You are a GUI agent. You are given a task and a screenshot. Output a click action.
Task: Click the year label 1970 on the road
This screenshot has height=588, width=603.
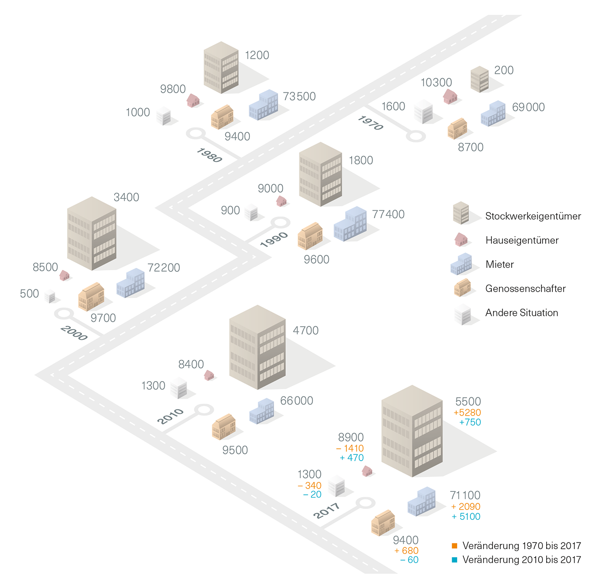[x=371, y=123]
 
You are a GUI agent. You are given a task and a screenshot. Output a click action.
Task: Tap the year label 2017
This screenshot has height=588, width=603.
[x=327, y=510]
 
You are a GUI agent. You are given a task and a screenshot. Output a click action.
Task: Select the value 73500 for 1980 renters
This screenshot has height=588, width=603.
[x=299, y=97]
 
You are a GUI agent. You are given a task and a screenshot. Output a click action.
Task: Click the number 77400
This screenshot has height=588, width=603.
[x=388, y=214]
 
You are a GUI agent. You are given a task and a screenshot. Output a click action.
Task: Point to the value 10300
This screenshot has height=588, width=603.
[x=436, y=83]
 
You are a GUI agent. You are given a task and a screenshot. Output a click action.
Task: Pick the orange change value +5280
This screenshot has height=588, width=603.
[x=467, y=413]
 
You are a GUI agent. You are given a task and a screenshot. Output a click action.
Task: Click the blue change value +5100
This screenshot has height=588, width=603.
[x=466, y=517]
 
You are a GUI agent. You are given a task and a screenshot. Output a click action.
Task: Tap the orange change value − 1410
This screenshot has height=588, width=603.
[x=350, y=448]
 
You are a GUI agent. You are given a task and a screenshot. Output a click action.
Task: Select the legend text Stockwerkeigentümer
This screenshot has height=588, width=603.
[x=533, y=216]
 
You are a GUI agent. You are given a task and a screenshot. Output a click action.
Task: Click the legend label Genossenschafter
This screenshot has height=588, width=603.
[x=525, y=289]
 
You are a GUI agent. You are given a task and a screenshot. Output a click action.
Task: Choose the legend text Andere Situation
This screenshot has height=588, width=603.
[x=522, y=313]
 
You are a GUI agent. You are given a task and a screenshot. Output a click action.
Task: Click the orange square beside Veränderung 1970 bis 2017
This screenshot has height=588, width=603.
[x=454, y=546]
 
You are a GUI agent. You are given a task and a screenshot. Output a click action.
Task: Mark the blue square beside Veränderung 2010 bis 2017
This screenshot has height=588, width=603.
[x=454, y=560]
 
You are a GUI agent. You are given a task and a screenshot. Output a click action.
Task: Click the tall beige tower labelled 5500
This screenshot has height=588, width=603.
[x=412, y=431]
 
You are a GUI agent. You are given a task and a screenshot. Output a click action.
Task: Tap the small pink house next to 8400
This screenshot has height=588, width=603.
[x=209, y=375]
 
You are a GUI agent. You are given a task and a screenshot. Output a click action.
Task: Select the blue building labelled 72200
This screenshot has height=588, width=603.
[x=131, y=283]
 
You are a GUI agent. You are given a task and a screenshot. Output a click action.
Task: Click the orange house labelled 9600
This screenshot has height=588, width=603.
[x=310, y=236]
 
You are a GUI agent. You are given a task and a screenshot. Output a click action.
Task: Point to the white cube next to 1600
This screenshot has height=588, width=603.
[x=423, y=112]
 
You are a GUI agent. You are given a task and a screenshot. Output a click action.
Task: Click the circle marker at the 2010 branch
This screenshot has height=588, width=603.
[x=204, y=410]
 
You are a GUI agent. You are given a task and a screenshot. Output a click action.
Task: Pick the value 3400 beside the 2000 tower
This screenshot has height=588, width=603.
[x=126, y=197]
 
